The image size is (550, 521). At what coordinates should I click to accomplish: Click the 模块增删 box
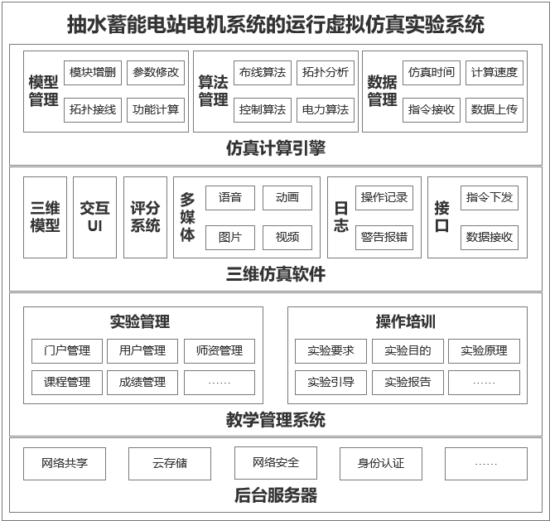93,73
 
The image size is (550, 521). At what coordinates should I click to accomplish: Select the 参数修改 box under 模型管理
156,73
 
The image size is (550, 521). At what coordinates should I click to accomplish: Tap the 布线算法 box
263,73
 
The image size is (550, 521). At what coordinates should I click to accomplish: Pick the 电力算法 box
326,110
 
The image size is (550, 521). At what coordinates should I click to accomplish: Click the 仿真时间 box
432,73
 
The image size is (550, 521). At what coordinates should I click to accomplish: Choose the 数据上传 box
495,110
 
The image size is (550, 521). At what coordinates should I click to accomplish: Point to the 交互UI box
94,217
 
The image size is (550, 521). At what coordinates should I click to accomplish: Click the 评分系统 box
145,217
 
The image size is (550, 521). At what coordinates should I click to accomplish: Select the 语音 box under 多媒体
230,198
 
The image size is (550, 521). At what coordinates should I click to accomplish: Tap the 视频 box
287,238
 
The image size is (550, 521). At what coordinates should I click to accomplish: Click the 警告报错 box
384,238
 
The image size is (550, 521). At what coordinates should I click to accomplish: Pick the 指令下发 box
490,198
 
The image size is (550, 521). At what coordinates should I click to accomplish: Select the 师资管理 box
220,351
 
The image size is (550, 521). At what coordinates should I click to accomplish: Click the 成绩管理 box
142,383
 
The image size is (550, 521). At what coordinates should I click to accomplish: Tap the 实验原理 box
484,351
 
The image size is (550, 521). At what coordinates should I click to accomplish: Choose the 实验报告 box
408,383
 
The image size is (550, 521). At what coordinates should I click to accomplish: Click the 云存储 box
170,464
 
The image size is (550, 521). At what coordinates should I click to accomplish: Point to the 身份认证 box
381,464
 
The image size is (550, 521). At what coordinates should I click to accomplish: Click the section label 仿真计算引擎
276,148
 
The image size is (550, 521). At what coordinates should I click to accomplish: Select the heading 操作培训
406,321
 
